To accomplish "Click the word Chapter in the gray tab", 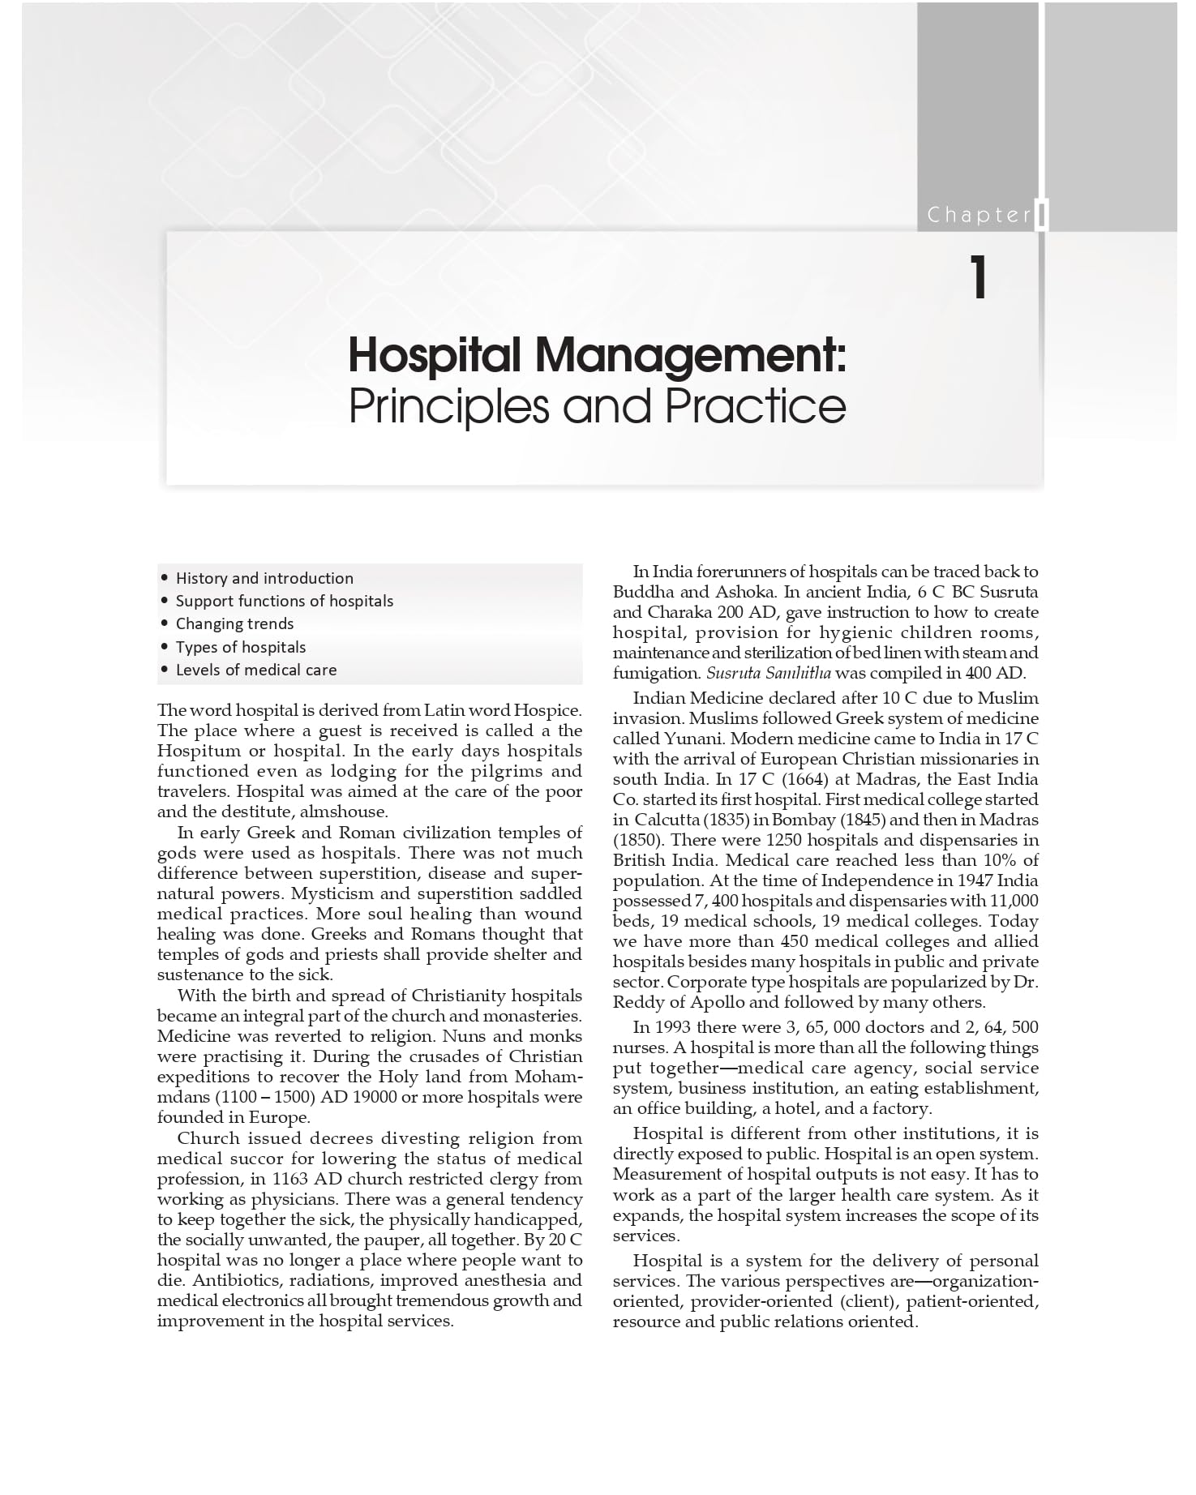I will [979, 215].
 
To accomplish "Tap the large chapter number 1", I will [979, 278].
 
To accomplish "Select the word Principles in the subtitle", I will [449, 405].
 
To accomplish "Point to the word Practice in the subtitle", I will [755, 405].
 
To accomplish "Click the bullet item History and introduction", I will [264, 578].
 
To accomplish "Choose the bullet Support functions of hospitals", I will [285, 601].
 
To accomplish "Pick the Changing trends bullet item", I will [234, 623].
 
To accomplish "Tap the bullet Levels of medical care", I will [256, 670].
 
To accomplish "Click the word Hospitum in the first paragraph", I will [198, 751].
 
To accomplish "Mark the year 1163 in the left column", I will [289, 1179].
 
